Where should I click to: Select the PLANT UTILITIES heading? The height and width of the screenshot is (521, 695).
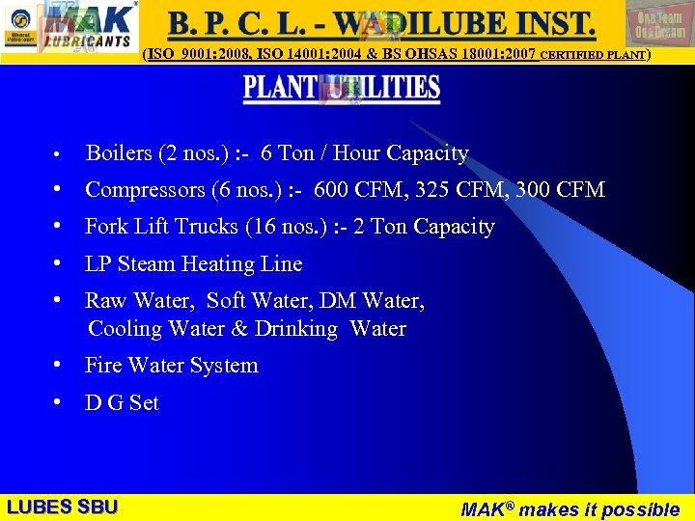coord(342,89)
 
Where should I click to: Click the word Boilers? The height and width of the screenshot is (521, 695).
coord(119,153)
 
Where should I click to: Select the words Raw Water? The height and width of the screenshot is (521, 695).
coord(139,301)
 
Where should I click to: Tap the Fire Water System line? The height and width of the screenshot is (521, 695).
coord(172,366)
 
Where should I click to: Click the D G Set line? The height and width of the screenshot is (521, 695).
coord(122,403)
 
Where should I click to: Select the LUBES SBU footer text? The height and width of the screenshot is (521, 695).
coord(62,507)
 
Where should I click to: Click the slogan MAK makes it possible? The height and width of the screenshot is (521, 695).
coord(570,508)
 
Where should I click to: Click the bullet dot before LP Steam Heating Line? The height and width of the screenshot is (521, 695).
coord(60,264)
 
